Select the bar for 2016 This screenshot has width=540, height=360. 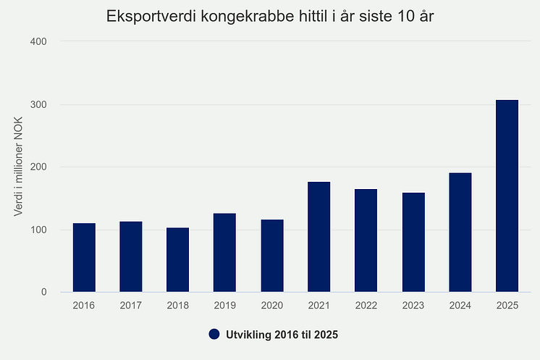point(84,258)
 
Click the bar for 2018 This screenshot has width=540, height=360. point(178,260)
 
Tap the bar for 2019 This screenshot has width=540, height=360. point(225,253)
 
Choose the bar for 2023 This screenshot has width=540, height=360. point(413,243)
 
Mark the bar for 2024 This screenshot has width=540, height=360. point(460,233)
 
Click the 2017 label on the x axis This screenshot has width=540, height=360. point(131,306)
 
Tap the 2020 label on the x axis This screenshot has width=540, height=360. point(271,306)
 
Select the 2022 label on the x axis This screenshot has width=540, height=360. point(366,306)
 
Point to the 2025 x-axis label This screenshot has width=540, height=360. point(507,306)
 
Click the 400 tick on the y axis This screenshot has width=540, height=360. point(38,42)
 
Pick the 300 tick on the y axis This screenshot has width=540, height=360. point(38,105)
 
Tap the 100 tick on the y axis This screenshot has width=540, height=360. point(38,230)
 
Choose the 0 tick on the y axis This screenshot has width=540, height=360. point(43,293)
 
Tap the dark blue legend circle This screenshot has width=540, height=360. point(214,335)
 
